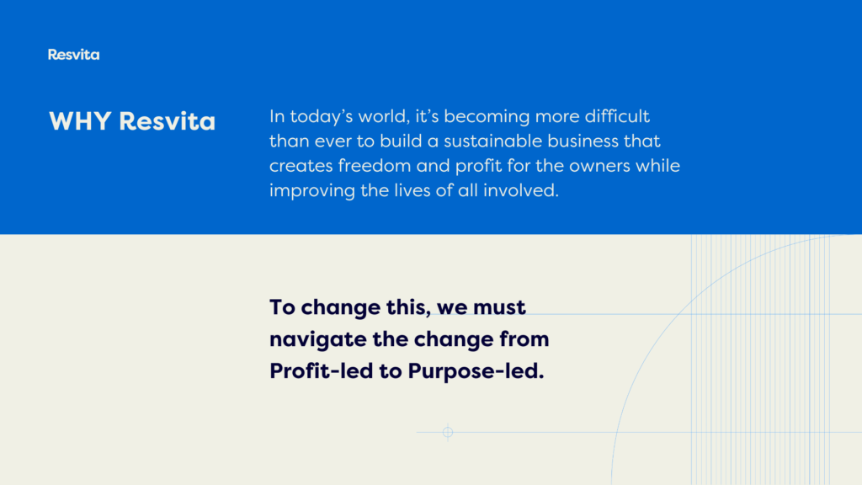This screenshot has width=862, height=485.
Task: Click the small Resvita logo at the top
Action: tap(74, 55)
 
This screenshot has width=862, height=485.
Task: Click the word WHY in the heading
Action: tap(80, 121)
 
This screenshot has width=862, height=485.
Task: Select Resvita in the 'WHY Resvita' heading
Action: tap(168, 121)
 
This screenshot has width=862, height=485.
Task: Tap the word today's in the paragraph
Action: tap(322, 117)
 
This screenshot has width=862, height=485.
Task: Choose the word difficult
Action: tap(617, 116)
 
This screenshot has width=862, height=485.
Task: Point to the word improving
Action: tap(311, 191)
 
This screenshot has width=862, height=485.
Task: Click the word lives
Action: tap(411, 190)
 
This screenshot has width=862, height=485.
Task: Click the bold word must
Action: tap(499, 307)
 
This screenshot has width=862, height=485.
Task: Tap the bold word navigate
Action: tap(318, 340)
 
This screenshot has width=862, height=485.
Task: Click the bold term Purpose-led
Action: tap(476, 371)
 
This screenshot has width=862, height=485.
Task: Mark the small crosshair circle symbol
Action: tap(448, 432)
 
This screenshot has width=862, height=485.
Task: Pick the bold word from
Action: tap(524, 338)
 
